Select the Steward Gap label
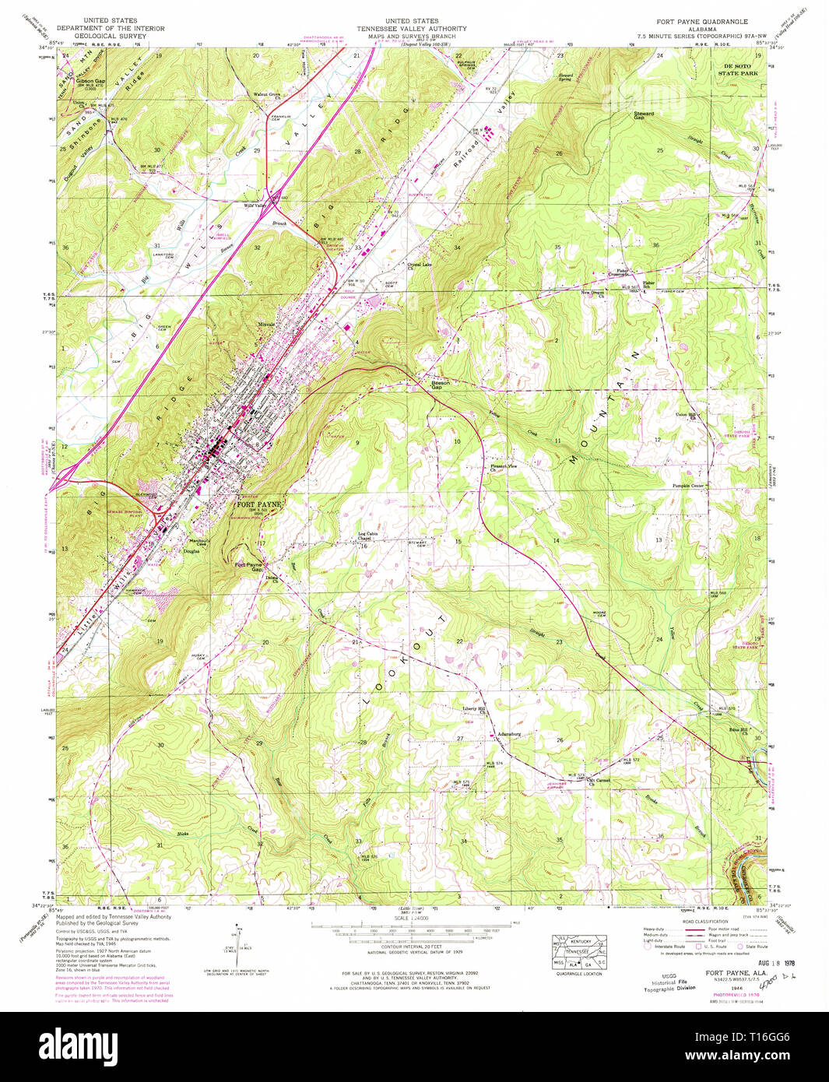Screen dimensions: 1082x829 tap(644, 114)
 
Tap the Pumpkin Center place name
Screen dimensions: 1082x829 tap(688, 486)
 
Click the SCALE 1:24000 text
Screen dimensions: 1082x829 tap(412, 919)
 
